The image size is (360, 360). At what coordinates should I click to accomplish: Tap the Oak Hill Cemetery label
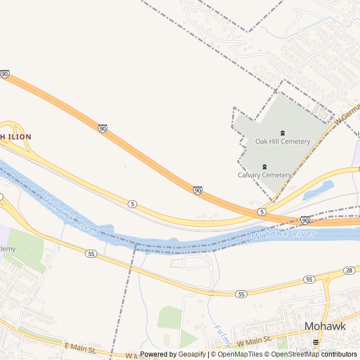(282, 141)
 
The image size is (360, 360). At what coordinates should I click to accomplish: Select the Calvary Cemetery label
(264, 175)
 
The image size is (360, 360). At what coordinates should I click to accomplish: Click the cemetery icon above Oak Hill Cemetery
(282, 133)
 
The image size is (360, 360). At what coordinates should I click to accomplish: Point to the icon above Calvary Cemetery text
(264, 166)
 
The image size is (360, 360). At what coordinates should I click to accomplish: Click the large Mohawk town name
(325, 326)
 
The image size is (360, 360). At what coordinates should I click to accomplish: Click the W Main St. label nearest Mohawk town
(254, 340)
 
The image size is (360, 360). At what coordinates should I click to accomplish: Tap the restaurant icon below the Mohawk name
(316, 341)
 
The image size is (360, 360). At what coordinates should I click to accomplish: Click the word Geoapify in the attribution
(192, 354)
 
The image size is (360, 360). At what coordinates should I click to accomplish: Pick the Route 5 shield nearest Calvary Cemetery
(262, 211)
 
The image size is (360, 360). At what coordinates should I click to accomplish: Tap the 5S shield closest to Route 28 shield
(308, 279)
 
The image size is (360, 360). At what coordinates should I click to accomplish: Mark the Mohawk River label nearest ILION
(70, 215)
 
